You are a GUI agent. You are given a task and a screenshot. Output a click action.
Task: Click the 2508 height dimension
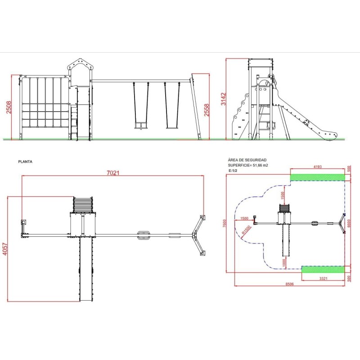[9, 107]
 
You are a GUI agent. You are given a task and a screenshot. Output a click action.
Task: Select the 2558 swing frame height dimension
[207, 110]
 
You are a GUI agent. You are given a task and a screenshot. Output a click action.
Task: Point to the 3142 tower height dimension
[223, 99]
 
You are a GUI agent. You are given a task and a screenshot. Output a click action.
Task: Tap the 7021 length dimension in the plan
[113, 173]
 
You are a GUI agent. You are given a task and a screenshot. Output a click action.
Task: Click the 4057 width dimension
[5, 249]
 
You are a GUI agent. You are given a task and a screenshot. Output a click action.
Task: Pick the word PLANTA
[25, 162]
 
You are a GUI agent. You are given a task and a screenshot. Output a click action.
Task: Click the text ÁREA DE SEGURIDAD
[247, 160]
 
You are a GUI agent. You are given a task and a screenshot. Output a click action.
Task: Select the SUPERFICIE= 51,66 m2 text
[248, 165]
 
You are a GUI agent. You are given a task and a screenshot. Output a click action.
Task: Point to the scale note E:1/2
[233, 171]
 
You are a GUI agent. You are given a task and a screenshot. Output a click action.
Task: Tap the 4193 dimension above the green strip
[318, 166]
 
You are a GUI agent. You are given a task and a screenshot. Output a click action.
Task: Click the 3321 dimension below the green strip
[323, 278]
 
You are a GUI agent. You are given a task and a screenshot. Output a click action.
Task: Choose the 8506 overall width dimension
[289, 284]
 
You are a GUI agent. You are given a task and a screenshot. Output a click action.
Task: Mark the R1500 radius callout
[246, 230]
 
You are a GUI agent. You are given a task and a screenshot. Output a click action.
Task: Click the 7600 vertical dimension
[225, 223]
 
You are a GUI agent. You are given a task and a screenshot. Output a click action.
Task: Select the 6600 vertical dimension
[349, 223]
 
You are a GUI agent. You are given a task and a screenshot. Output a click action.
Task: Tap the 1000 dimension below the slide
[284, 263]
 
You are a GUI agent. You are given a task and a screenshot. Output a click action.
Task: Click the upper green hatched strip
[318, 177]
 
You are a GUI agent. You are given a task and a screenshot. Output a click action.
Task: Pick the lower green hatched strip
[323, 269]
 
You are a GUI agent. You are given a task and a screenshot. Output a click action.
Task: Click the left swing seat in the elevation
[140, 126]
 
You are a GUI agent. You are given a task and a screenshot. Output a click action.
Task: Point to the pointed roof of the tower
[80, 65]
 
